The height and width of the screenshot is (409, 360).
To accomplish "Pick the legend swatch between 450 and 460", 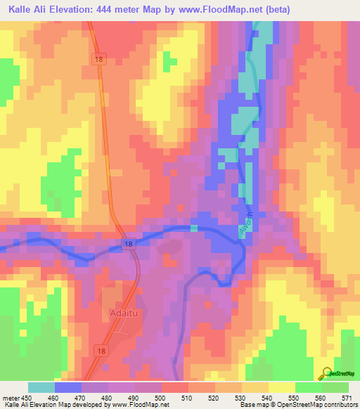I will (41, 387).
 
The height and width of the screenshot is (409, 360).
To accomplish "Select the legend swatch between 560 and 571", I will (335, 387).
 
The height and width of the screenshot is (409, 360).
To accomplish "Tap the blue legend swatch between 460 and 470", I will (68, 387).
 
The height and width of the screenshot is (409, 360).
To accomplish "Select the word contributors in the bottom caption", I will (337, 405).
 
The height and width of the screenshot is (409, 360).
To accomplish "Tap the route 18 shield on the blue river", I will (127, 243).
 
